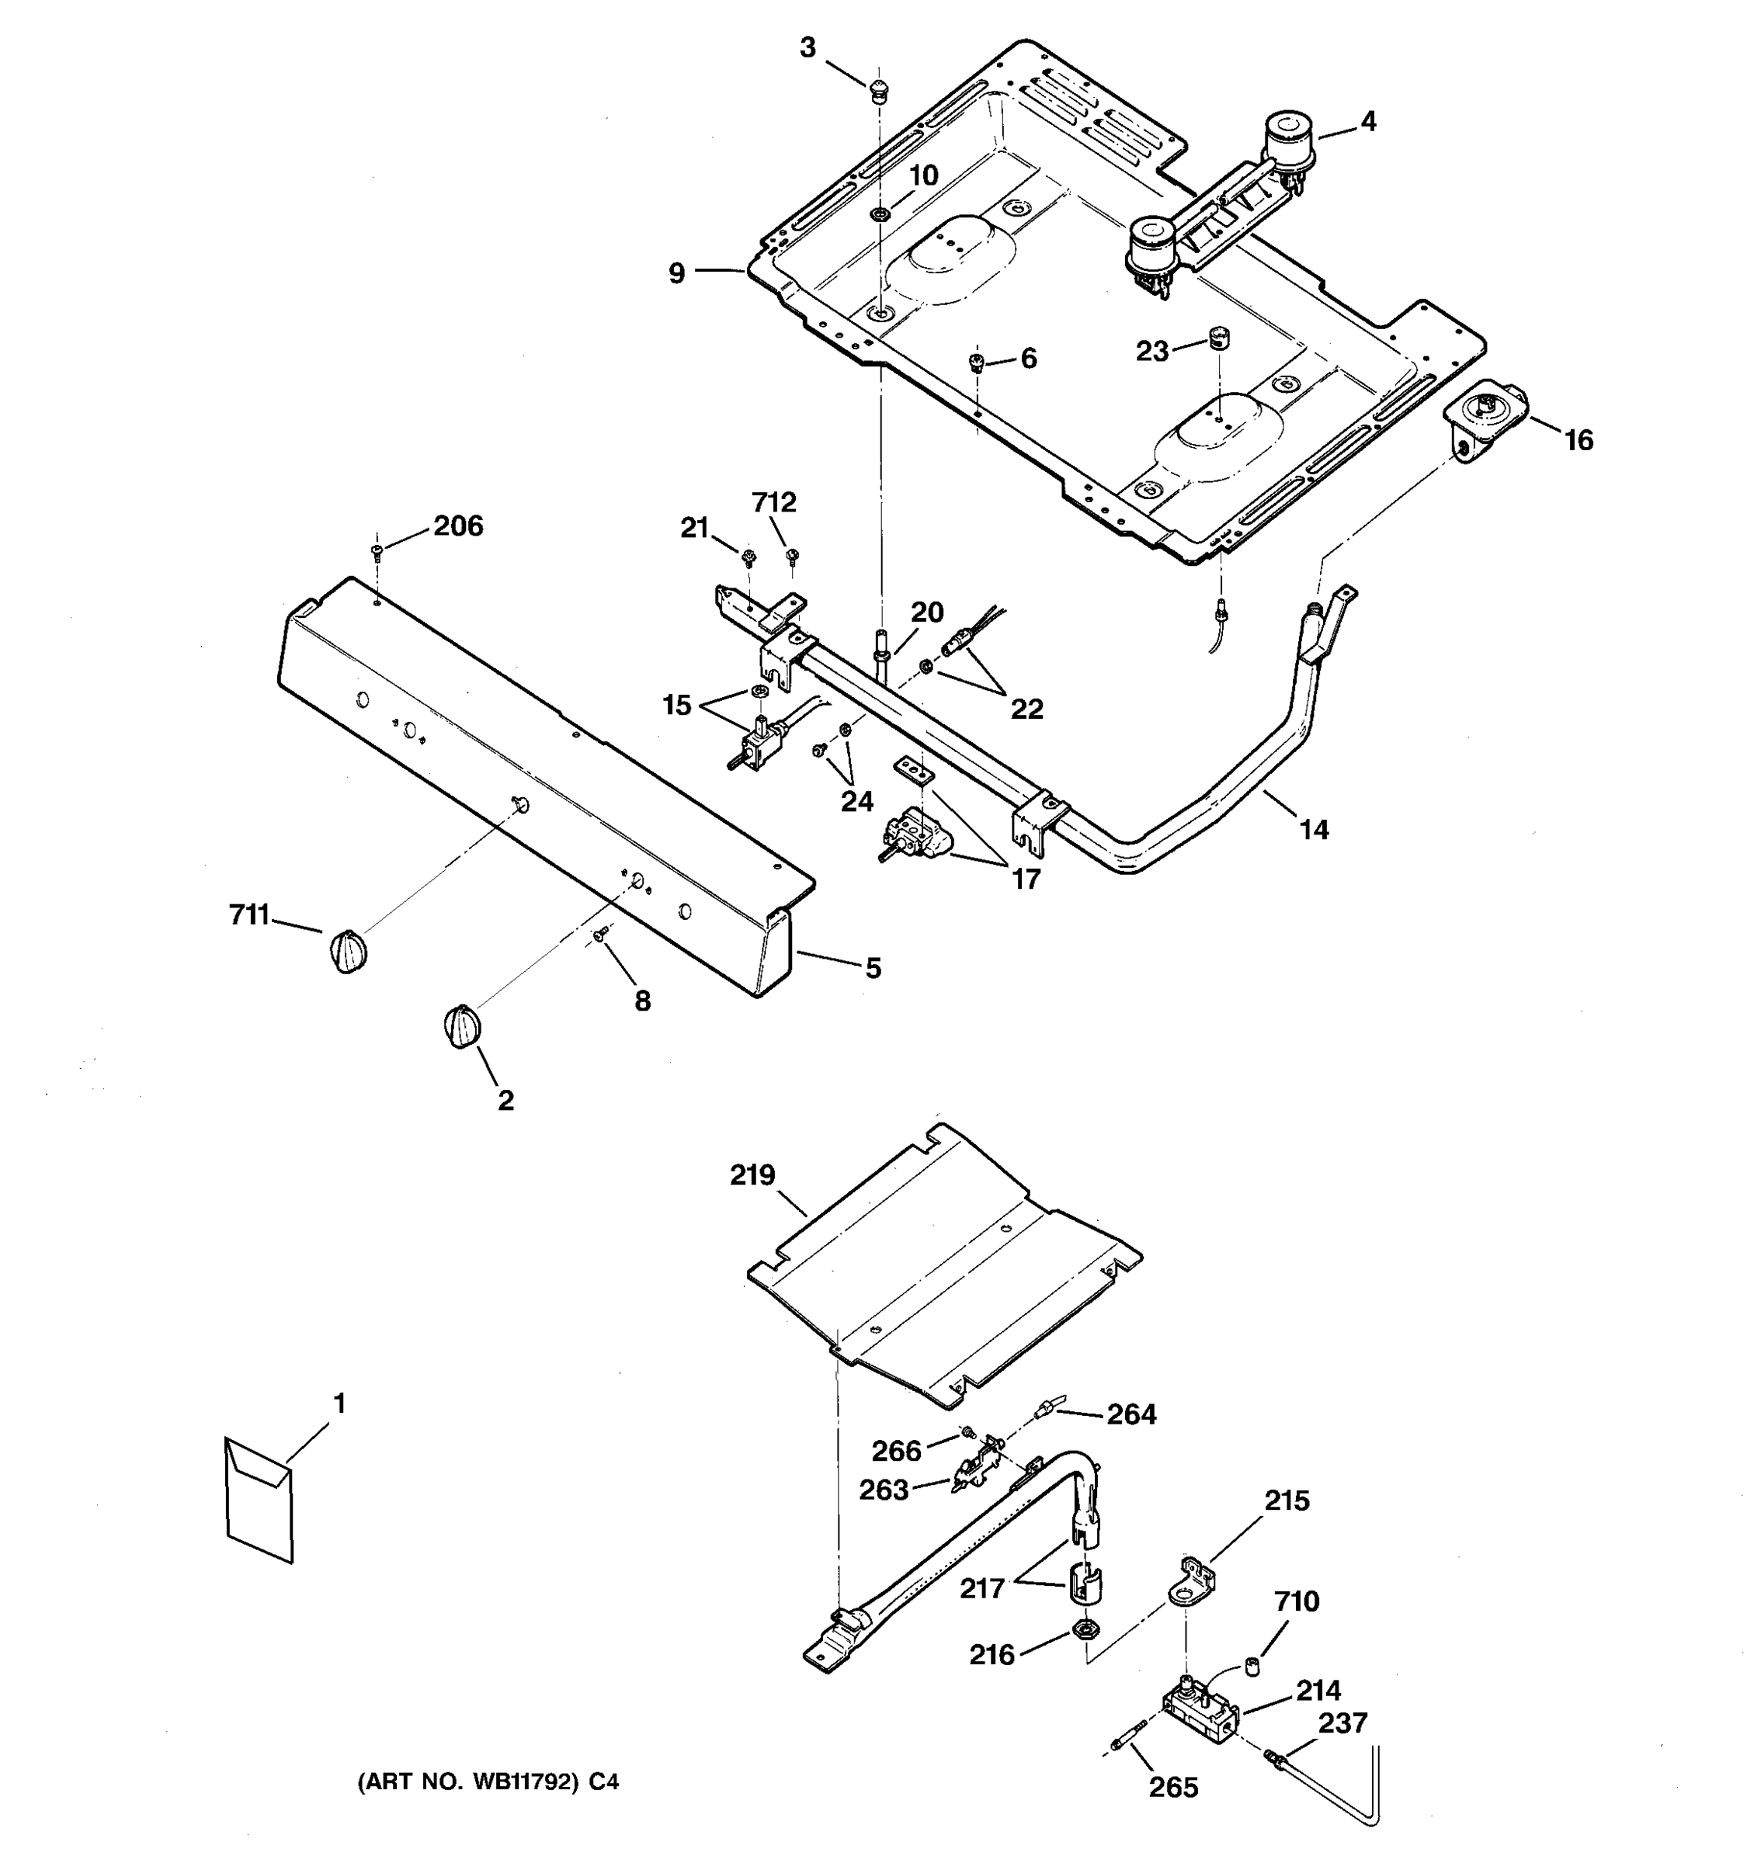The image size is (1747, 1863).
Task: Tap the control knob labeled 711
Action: coord(348,952)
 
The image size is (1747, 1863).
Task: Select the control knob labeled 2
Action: coord(461,1026)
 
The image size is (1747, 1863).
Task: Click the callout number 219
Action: coord(752,1174)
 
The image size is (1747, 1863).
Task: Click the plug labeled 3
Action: coord(878,90)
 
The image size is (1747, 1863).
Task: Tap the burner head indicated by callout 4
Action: coord(1288,141)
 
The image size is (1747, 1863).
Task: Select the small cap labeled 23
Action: coord(1219,338)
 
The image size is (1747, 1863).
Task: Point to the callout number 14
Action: coord(1313,829)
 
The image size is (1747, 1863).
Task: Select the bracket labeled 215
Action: coord(1190,1584)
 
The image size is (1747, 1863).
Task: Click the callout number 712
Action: coord(773,502)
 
